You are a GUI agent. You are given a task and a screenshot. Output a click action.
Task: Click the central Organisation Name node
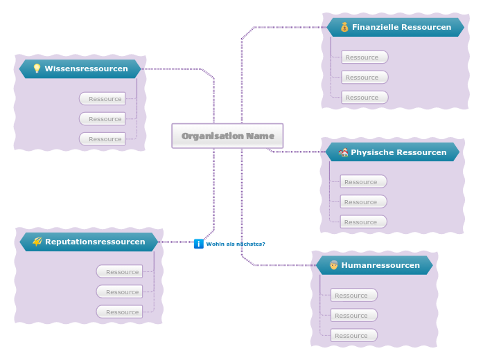[x=227, y=136]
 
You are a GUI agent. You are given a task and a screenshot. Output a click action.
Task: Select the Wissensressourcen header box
[x=80, y=69]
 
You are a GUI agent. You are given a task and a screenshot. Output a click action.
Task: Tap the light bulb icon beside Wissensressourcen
[x=37, y=69]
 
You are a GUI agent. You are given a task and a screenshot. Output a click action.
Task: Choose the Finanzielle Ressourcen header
[x=395, y=27]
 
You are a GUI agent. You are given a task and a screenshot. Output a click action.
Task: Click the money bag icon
[x=344, y=27]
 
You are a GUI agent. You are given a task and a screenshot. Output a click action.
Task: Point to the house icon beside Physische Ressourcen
[x=343, y=152]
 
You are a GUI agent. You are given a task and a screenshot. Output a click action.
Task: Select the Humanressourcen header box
[x=374, y=265]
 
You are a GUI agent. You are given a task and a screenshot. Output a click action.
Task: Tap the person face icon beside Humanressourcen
[x=333, y=265]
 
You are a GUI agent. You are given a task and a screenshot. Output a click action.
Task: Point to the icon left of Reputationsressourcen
[x=37, y=242]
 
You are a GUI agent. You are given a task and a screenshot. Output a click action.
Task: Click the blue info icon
[x=198, y=244]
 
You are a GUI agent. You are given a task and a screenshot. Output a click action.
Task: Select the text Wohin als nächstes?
[x=236, y=244]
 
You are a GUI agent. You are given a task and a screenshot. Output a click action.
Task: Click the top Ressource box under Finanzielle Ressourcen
[x=365, y=57]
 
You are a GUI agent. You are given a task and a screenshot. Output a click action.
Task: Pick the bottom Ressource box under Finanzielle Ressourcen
[x=365, y=98]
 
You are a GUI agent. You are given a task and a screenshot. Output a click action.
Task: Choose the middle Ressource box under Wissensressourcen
[x=103, y=119]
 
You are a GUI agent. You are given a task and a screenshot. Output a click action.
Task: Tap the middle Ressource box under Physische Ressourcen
[x=363, y=202]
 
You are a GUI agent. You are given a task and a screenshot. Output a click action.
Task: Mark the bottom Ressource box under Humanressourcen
[x=353, y=336]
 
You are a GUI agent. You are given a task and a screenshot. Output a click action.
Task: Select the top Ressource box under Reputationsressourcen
[x=120, y=272]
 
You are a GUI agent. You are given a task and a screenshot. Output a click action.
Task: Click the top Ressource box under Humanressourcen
[x=353, y=296]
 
